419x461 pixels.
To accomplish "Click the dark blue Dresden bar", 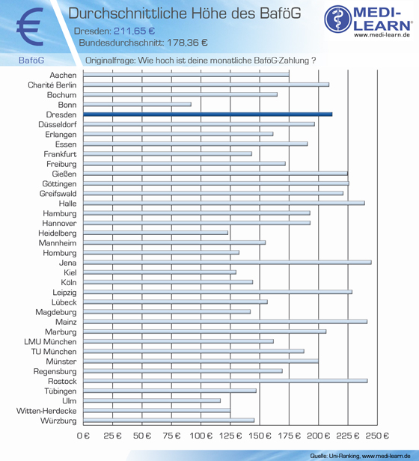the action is [207, 115].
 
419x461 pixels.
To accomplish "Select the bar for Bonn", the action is [137, 104].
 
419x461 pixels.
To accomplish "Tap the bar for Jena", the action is [227, 262].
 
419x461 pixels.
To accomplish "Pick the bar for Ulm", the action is [152, 400].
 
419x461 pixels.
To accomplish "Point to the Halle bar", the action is [224, 203].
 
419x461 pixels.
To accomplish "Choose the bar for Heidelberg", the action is [156, 233].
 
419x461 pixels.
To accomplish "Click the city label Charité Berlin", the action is [52, 85].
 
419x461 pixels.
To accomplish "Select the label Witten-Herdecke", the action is [46, 411].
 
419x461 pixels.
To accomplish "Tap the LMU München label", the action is [50, 341].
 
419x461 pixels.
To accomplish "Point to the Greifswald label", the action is [58, 194].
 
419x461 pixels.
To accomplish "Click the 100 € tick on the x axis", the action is [201, 436].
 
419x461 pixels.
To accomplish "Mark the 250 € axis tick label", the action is [377, 436].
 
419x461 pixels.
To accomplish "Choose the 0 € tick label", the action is [83, 436].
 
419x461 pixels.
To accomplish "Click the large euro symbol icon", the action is [30, 27].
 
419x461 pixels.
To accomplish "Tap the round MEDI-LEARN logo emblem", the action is [338, 19].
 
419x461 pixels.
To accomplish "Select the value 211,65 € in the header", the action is [135, 31].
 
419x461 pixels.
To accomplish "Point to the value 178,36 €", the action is [187, 43].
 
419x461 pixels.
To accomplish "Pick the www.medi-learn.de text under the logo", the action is [382, 34].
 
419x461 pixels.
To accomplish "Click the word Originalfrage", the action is [111, 61].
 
